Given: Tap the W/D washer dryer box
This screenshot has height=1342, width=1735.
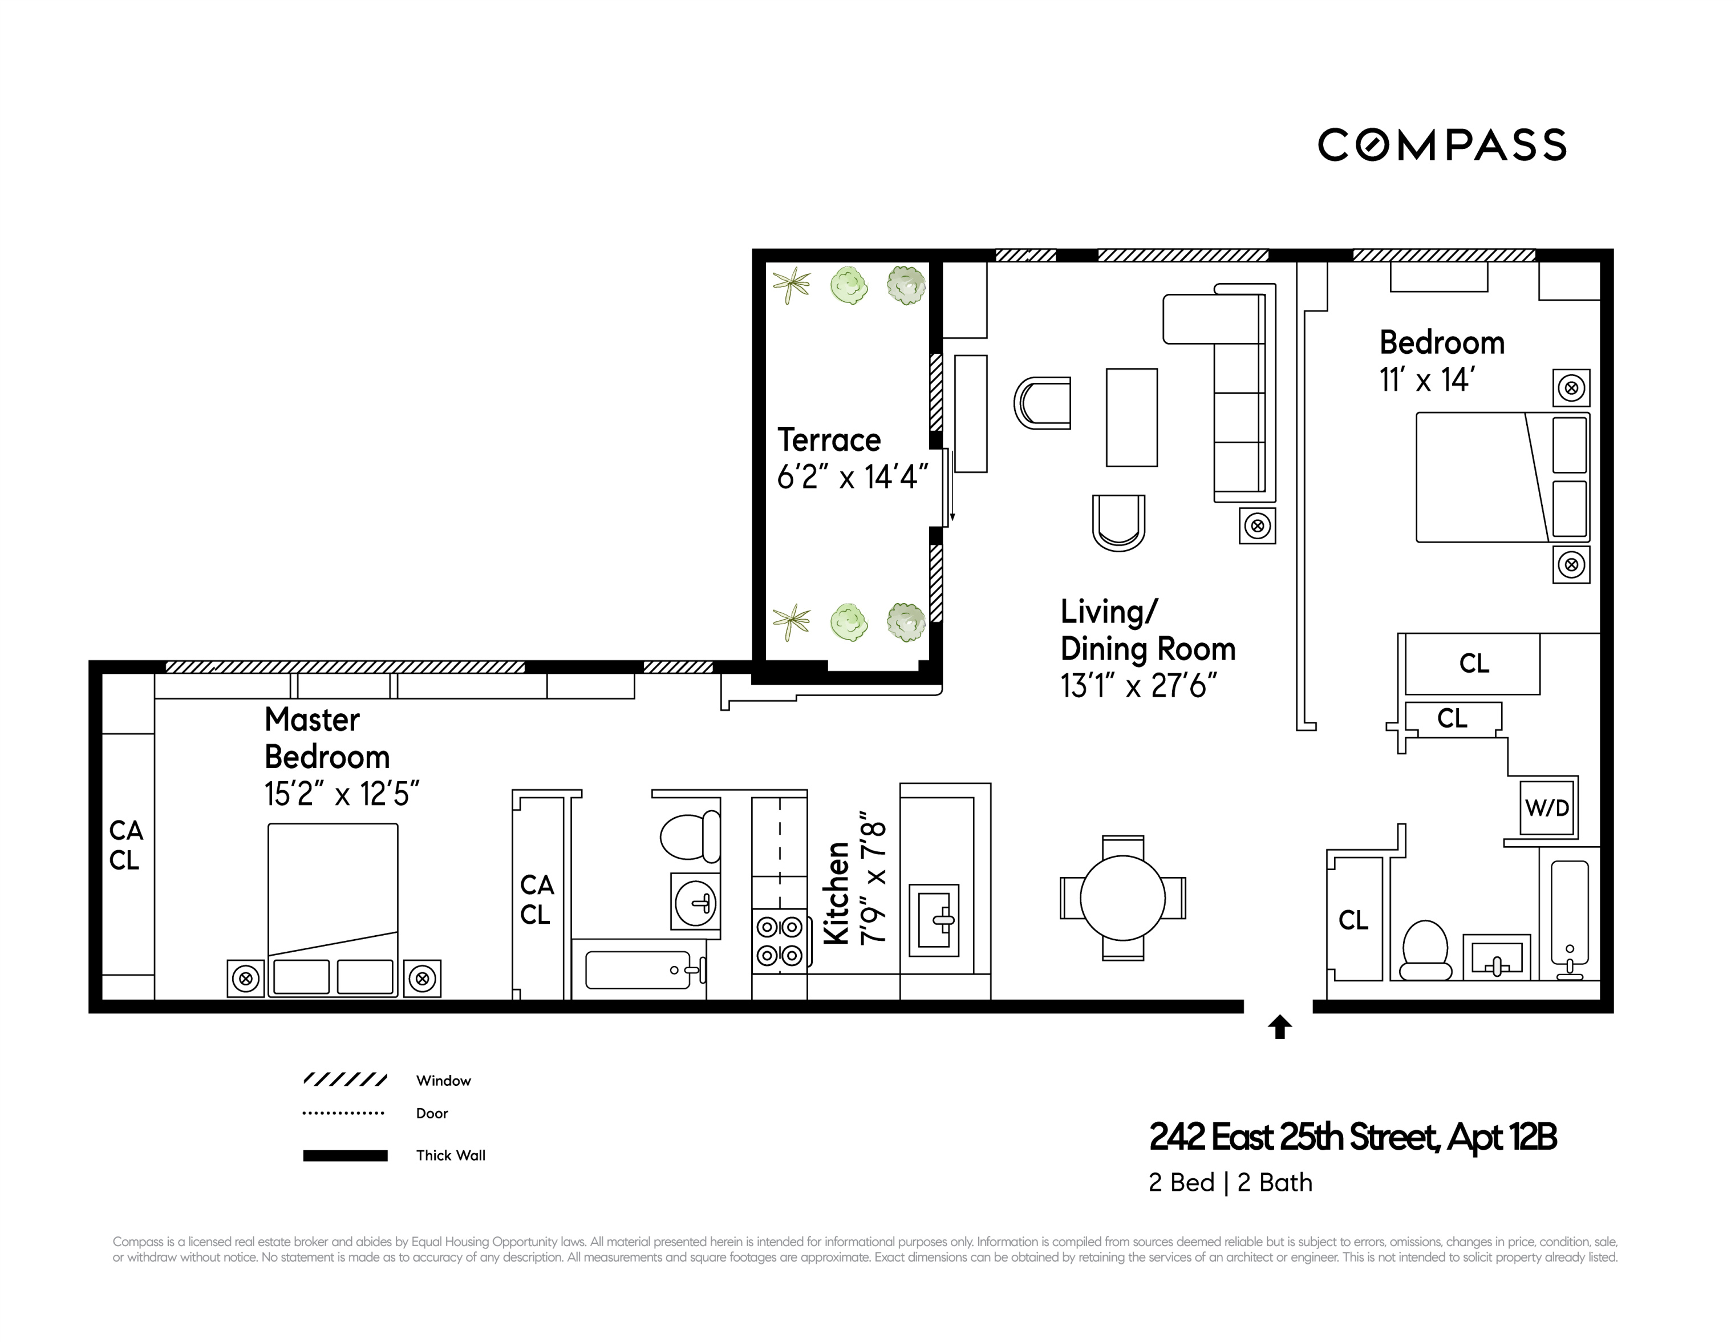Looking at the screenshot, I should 1547,808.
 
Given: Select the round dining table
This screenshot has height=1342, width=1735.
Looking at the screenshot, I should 1122,899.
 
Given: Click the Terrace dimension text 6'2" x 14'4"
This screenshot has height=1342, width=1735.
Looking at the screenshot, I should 852,477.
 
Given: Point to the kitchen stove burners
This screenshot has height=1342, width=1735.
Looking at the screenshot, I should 779,941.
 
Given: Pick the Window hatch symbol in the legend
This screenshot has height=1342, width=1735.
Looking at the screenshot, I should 344,1080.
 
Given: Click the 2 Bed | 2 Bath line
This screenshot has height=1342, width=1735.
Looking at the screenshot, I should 1230,1183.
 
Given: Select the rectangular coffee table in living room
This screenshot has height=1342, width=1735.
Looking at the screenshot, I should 1131,417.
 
